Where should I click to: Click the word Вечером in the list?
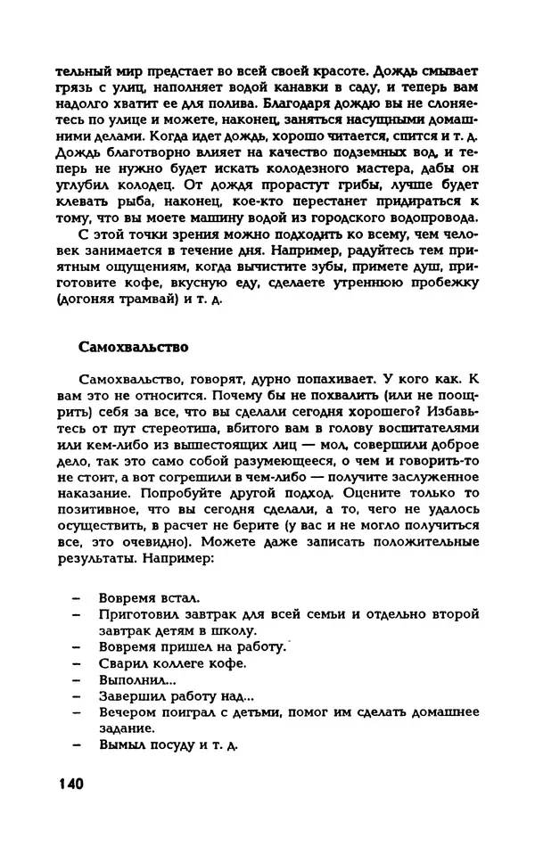coord(128,711)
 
